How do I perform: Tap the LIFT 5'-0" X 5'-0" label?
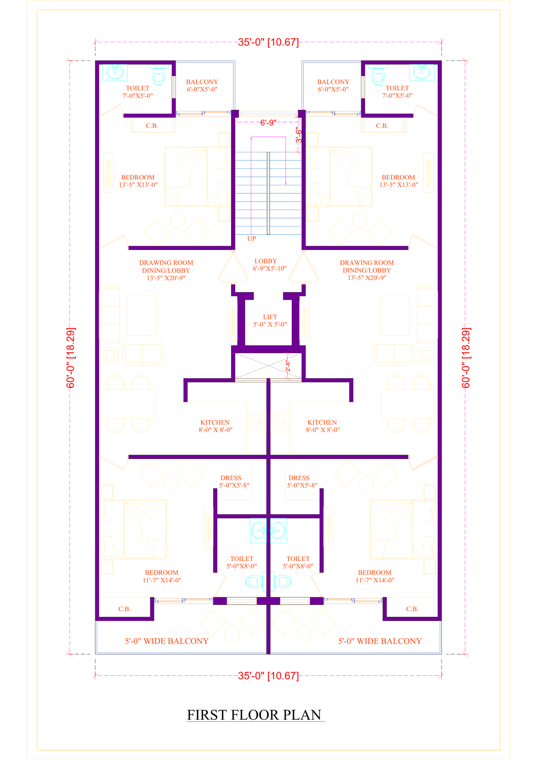click(x=270, y=320)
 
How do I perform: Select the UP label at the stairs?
click(x=251, y=239)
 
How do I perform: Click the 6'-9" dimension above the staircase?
click(x=268, y=122)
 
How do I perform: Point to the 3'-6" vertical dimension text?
click(x=299, y=135)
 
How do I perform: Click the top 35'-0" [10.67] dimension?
click(x=268, y=42)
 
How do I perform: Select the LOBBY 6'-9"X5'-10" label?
click(x=270, y=264)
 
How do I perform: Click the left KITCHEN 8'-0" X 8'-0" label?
click(x=215, y=426)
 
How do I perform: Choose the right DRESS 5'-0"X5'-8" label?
click(x=302, y=482)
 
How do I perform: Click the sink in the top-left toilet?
click(x=115, y=72)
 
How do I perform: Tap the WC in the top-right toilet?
click(x=378, y=76)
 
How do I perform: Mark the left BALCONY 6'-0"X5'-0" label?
click(x=202, y=86)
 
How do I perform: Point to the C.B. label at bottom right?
click(x=412, y=609)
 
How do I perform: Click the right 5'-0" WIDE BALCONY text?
click(x=380, y=641)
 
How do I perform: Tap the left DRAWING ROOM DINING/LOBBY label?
click(x=166, y=270)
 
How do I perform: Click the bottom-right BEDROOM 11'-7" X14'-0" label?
click(x=375, y=576)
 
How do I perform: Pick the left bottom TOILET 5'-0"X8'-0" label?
click(x=241, y=562)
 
